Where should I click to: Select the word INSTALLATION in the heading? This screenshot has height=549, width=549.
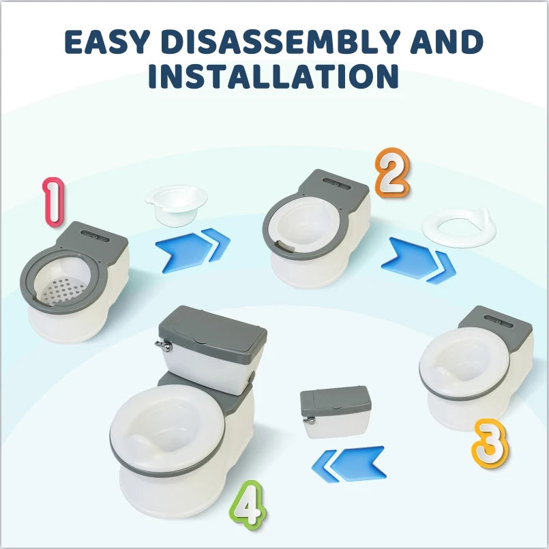pos(273,77)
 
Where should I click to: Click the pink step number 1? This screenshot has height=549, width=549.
pos(53,202)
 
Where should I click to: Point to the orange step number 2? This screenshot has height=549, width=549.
pos(391,175)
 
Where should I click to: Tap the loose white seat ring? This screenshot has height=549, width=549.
pos(458,227)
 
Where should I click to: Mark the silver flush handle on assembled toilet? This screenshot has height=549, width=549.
pos(162,345)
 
